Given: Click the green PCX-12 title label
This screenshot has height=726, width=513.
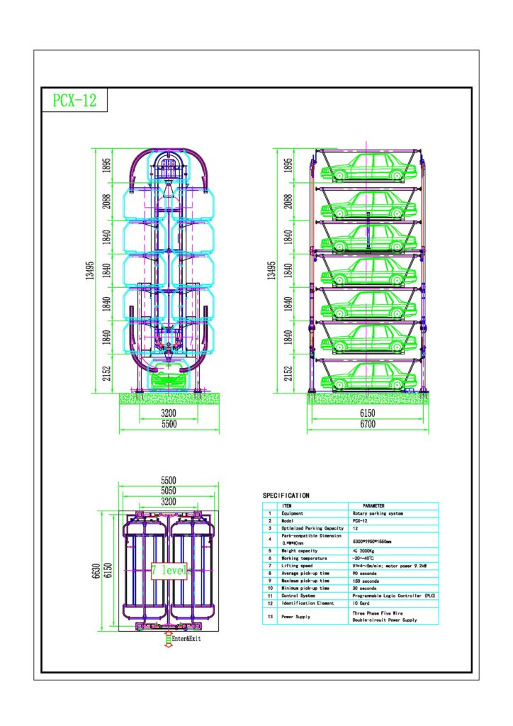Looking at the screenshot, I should [74, 101].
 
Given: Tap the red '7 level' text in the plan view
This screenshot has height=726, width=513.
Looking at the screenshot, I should [169, 570].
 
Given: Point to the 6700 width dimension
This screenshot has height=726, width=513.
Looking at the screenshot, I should [366, 424].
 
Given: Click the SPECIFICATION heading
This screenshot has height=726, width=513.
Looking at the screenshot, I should [286, 496].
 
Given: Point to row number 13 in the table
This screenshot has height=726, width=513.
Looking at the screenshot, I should [269, 617].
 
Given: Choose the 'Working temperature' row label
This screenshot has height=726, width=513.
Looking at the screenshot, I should [309, 558].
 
